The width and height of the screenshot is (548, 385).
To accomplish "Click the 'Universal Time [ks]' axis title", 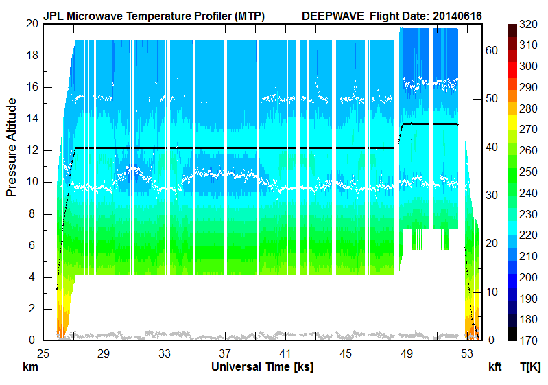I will click(x=262, y=367).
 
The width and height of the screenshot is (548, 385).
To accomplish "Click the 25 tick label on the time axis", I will click(x=43, y=353).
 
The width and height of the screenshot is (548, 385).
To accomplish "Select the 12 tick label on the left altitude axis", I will click(x=30, y=150).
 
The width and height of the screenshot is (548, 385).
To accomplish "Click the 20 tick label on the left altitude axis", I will click(x=30, y=24).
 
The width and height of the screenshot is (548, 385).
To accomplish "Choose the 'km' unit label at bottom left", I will click(x=30, y=367).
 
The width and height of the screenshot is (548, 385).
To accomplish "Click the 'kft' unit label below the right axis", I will click(x=495, y=367).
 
